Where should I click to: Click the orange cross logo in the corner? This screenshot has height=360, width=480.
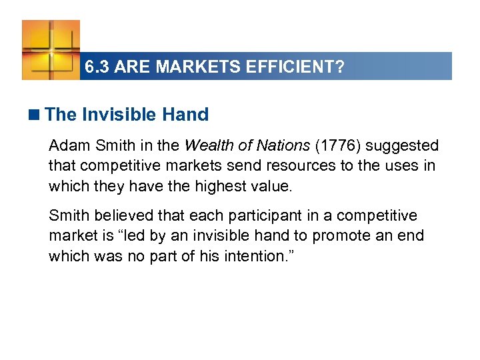pos(51,49)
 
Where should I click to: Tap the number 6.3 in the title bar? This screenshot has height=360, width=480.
pos(97,67)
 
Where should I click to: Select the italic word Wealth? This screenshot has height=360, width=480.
pos(206,145)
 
